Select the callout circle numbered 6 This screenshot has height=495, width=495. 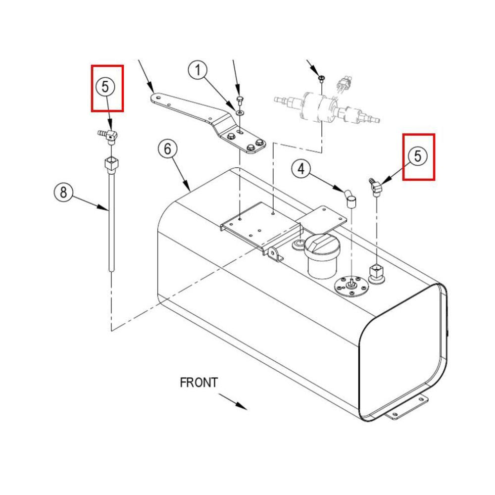167,148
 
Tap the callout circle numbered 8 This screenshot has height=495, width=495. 63,192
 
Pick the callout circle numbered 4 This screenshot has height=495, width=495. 301,169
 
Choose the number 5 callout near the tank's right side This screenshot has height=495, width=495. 417,156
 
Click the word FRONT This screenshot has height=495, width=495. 198,383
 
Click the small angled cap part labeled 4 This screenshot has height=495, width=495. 351,199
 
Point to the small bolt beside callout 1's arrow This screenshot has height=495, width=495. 240,101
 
